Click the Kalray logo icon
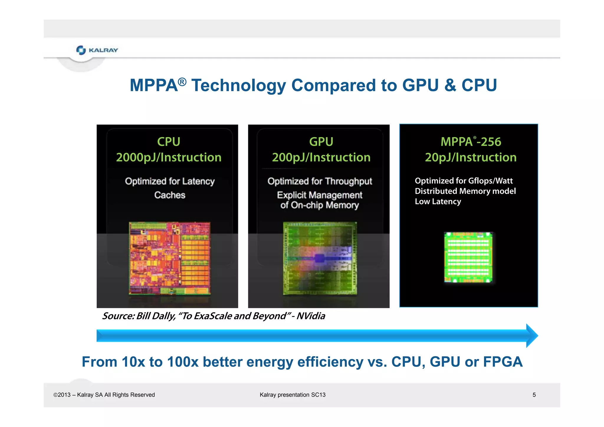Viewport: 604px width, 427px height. pyautogui.click(x=81, y=50)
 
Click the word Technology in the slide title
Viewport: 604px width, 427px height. pyautogui.click(x=239, y=85)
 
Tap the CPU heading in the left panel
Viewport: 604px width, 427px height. pyautogui.click(x=168, y=142)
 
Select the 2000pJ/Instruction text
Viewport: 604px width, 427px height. pyautogui.click(x=168, y=157)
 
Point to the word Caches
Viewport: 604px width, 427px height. pyautogui.click(x=170, y=195)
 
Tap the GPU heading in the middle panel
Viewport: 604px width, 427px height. pyautogui.click(x=321, y=142)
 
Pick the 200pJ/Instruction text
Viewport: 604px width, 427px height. pyautogui.click(x=321, y=157)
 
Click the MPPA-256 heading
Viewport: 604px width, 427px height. pyautogui.click(x=471, y=142)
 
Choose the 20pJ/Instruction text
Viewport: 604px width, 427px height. pyautogui.click(x=471, y=157)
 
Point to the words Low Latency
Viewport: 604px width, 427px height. pyautogui.click(x=438, y=202)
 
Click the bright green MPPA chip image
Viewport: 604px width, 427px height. pyautogui.click(x=468, y=257)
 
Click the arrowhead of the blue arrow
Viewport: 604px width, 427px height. pyautogui.click(x=532, y=336)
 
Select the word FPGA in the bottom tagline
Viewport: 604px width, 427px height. pyautogui.click(x=503, y=362)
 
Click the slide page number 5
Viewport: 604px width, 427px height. pyautogui.click(x=534, y=395)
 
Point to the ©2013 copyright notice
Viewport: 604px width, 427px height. pyautogui.click(x=104, y=395)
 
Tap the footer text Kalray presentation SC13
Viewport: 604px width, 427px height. pyautogui.click(x=293, y=395)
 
